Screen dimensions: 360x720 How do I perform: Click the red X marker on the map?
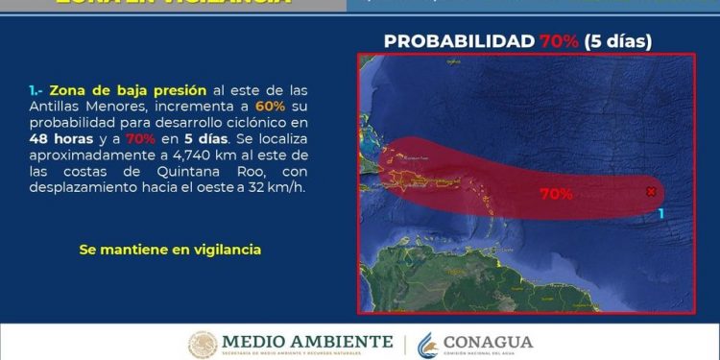[x=652, y=192]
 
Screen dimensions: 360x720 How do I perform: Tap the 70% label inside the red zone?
[x=556, y=194]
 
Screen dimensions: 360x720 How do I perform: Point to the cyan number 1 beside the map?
[x=660, y=212]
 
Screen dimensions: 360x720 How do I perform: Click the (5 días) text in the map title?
[x=620, y=41]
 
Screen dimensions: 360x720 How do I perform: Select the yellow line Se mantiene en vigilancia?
[x=170, y=250]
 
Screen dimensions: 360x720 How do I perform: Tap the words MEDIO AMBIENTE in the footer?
[x=307, y=341]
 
